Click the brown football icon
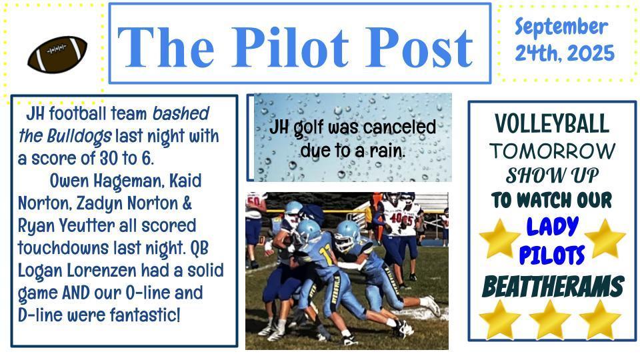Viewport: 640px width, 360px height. click(57, 54)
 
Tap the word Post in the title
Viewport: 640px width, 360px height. click(419, 47)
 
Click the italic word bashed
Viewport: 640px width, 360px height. click(181, 113)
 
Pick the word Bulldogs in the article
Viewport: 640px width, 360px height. click(79, 137)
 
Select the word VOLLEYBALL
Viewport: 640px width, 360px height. click(552, 123)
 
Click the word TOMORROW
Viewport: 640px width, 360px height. click(552, 151)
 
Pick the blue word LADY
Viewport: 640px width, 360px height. click(552, 227)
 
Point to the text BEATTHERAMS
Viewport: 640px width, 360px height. click(553, 287)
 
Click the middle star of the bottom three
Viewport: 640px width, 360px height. click(550, 320)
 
